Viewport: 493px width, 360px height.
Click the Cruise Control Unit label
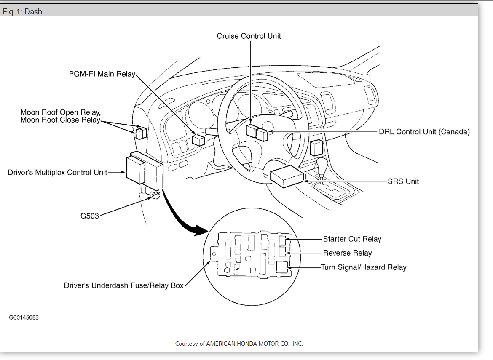[249, 36]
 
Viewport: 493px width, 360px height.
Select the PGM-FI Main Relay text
[102, 74]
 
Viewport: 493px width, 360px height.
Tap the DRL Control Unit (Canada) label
[424, 132]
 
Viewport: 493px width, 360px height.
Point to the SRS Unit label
[403, 181]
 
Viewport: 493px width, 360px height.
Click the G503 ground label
[89, 216]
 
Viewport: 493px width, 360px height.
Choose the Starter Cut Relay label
[352, 239]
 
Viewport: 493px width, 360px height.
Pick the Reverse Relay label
[347, 253]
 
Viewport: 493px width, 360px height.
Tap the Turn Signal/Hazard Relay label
[363, 267]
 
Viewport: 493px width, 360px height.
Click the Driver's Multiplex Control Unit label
[57, 172]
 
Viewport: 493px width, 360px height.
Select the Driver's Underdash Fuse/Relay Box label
[123, 285]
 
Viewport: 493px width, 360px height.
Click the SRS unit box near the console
[287, 178]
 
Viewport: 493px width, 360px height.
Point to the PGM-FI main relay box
[198, 140]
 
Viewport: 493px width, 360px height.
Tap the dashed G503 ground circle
[156, 195]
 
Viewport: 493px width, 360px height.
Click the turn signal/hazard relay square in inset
[282, 267]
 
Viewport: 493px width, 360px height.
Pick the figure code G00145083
[24, 317]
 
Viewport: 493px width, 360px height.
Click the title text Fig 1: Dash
[22, 12]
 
